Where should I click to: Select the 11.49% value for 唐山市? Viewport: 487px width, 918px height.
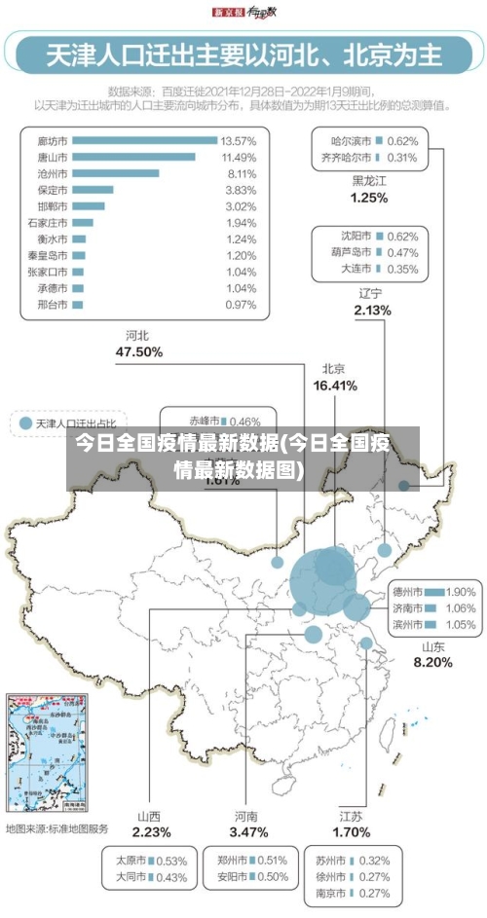coord(239,157)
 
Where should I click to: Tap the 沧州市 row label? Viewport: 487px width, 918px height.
coord(52,173)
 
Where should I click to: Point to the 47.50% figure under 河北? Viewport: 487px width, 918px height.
coord(138,351)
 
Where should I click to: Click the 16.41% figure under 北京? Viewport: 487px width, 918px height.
coord(334,386)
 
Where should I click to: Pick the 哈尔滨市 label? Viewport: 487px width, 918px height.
coord(349,141)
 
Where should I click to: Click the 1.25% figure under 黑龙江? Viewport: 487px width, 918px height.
coord(369,198)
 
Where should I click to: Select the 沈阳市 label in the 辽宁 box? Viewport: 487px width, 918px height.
coord(357,237)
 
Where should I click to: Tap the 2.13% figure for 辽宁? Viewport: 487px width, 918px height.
coord(372,311)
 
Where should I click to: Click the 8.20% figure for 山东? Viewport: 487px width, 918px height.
coord(432,663)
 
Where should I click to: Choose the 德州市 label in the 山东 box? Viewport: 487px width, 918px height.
coord(406,591)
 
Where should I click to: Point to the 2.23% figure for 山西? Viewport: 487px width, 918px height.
coord(152,832)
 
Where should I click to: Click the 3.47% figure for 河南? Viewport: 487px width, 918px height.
coord(248,832)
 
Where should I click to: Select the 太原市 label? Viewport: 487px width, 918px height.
coord(131,861)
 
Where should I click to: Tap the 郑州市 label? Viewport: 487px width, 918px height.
coord(233,861)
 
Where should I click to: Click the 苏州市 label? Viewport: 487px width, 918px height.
coord(331,861)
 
